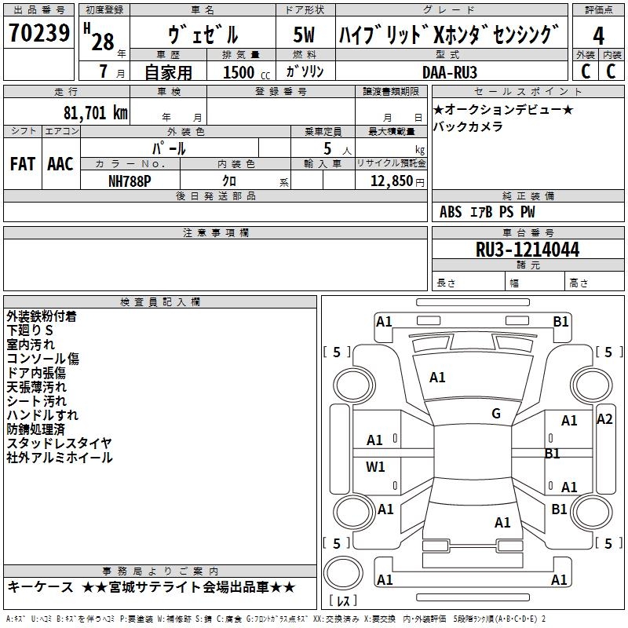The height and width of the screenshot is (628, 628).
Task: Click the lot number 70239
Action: click(39, 33)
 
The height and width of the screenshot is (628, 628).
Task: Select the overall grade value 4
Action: click(598, 35)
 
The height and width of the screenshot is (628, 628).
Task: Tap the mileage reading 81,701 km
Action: click(95, 113)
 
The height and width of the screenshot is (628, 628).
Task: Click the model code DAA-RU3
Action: click(449, 72)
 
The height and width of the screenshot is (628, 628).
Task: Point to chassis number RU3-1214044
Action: click(528, 250)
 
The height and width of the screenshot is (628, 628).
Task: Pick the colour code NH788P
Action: click(130, 181)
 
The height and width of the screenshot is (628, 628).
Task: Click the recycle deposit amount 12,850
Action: click(391, 181)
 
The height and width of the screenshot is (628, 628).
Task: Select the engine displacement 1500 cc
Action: click(246, 72)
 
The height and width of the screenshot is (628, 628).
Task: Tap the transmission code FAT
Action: click(23, 164)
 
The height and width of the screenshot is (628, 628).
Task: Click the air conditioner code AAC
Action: click(60, 164)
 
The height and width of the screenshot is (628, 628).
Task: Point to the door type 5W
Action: click(304, 35)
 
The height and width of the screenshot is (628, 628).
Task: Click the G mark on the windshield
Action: click(496, 414)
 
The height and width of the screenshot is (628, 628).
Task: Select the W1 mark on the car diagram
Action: click(375, 466)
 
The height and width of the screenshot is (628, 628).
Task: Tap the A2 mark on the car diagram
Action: click(604, 419)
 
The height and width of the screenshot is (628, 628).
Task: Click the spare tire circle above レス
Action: click(343, 573)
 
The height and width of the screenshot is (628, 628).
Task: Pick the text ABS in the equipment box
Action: click(451, 212)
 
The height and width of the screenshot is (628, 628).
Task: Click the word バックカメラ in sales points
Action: click(468, 126)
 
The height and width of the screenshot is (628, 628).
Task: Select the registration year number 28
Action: click(103, 42)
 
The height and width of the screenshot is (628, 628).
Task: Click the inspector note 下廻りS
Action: click(30, 330)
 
